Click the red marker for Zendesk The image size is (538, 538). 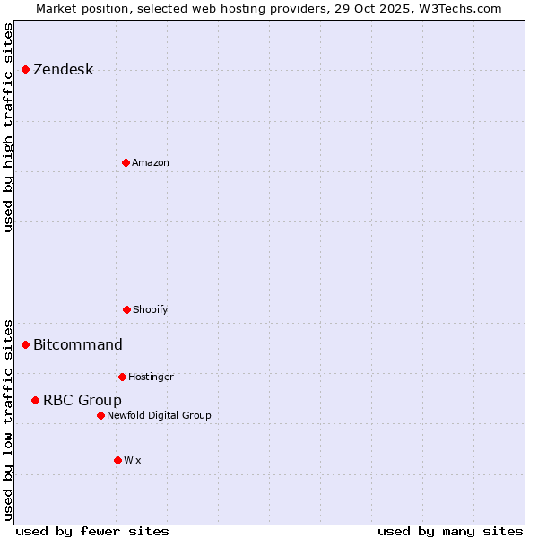coord(25,69)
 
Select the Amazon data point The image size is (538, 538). coord(126,162)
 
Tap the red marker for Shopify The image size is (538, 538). coord(126,309)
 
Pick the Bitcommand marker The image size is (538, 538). coord(25,344)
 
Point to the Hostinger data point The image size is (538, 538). coord(122,377)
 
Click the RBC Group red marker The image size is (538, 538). coord(35,400)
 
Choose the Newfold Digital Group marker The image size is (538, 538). coord(100,415)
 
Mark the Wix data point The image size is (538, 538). coord(117,460)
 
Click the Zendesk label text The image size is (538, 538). coord(63,70)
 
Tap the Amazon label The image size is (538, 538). coord(150,163)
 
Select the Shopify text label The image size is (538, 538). coord(150,310)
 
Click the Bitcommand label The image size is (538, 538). coord(78,345)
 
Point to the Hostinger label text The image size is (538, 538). coord(151,377)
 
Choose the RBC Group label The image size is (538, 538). coord(82,401)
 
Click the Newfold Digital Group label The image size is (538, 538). coord(159,416)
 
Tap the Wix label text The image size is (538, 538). coord(132,461)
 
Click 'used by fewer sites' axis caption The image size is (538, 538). coord(92,531)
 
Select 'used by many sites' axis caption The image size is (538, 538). coord(450,531)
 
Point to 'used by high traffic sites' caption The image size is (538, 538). coord(8,127)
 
